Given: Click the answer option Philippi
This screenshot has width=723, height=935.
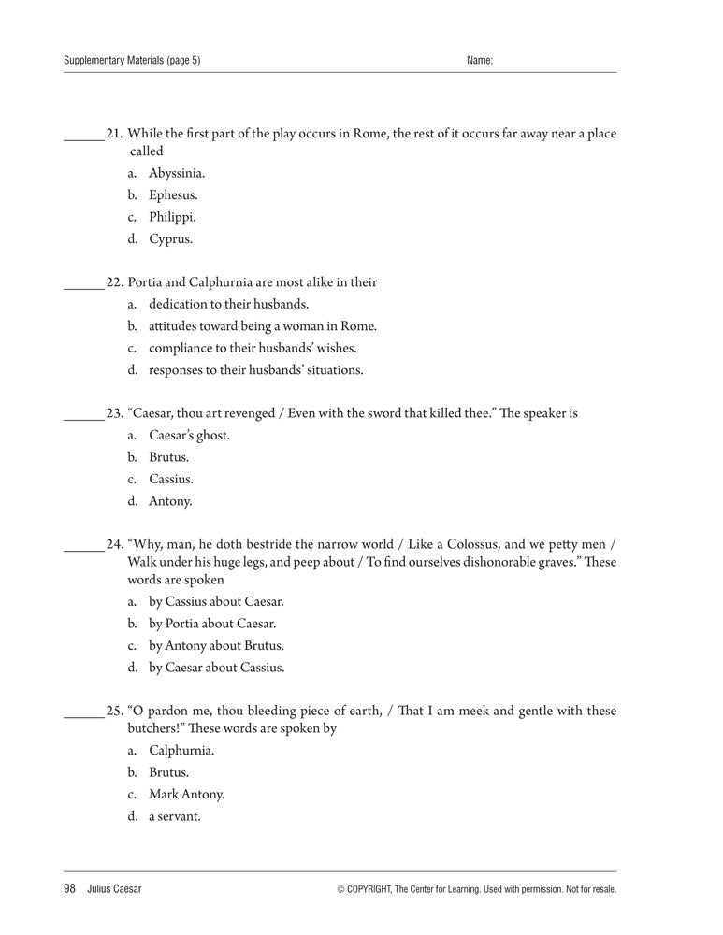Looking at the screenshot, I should (x=172, y=217).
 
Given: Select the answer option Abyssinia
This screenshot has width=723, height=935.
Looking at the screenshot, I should (x=177, y=174).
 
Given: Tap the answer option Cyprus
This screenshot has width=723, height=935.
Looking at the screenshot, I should (x=170, y=239).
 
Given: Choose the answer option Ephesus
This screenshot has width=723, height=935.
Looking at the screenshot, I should (x=173, y=195).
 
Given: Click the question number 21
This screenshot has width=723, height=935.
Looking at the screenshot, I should (x=114, y=133).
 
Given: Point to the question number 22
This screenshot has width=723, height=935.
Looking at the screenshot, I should (x=114, y=282).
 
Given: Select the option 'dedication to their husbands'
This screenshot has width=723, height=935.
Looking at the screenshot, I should (x=228, y=304).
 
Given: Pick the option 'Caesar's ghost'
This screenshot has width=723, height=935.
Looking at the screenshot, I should (x=189, y=436).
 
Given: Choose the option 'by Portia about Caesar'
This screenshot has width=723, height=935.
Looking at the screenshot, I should (x=212, y=624).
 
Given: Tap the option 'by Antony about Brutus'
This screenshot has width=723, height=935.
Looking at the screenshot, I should (x=216, y=646).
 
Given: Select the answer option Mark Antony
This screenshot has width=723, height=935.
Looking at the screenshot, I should (x=186, y=795).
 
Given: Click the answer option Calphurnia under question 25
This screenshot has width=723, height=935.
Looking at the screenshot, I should (x=181, y=751).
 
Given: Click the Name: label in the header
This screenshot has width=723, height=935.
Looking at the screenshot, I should (x=479, y=61).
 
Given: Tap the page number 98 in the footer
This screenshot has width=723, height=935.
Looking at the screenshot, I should (x=69, y=888).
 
